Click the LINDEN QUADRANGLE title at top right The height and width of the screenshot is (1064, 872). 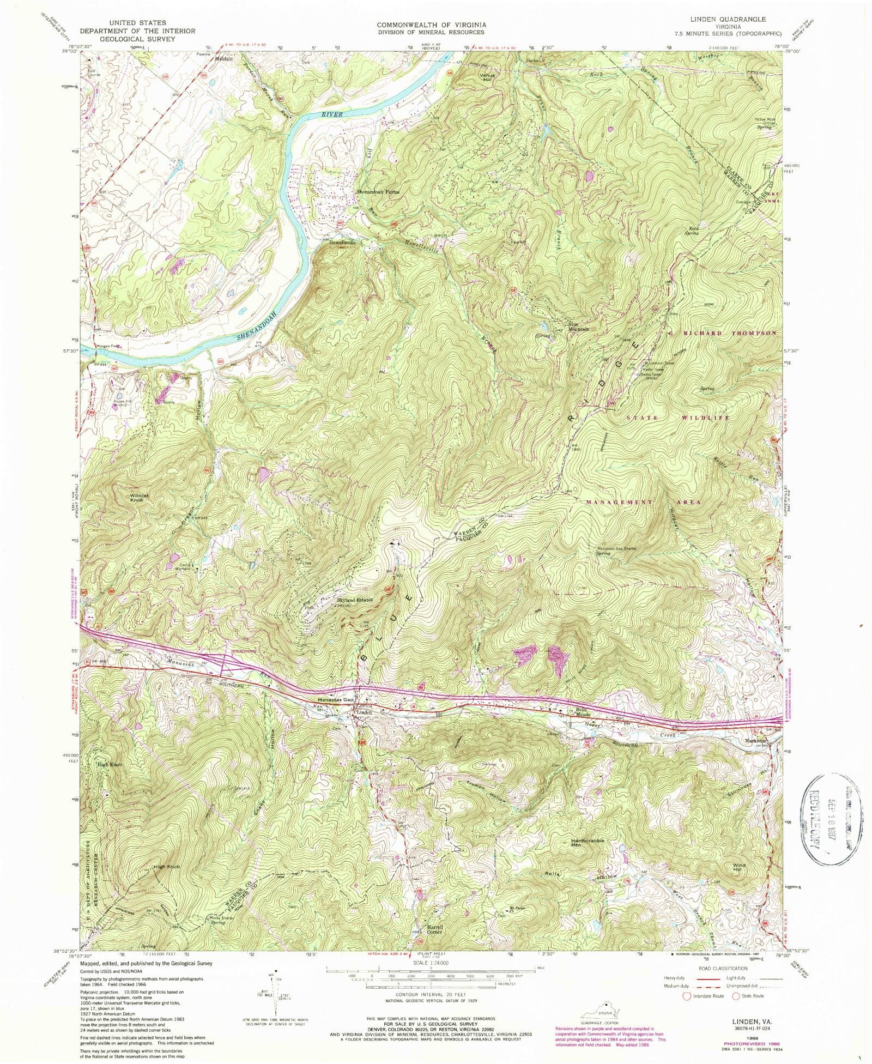coord(728,19)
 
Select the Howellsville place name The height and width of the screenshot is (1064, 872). coord(342,242)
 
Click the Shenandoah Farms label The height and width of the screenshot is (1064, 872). coord(378,192)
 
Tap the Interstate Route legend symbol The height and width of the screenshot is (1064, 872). coord(687,996)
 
